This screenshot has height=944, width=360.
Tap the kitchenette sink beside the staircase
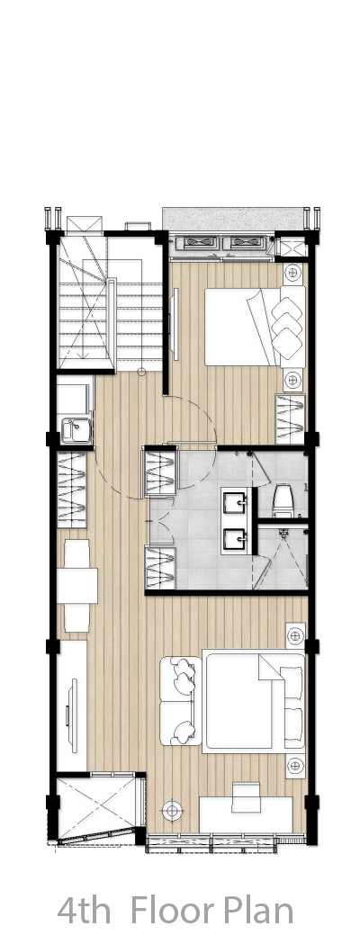[x=76, y=430]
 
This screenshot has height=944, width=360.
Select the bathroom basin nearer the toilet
[x=235, y=500]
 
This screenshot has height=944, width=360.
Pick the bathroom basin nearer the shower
[x=235, y=540]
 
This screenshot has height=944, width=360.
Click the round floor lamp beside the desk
[x=172, y=810]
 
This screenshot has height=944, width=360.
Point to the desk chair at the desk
[x=246, y=791]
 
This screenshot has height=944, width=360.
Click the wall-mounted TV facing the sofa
[x=74, y=715]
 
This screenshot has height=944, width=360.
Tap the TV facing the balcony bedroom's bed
[x=175, y=324]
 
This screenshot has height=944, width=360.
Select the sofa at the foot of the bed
[x=180, y=700]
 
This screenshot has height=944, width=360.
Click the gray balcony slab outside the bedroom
[x=232, y=220]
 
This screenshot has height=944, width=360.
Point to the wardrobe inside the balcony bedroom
[x=290, y=419]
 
